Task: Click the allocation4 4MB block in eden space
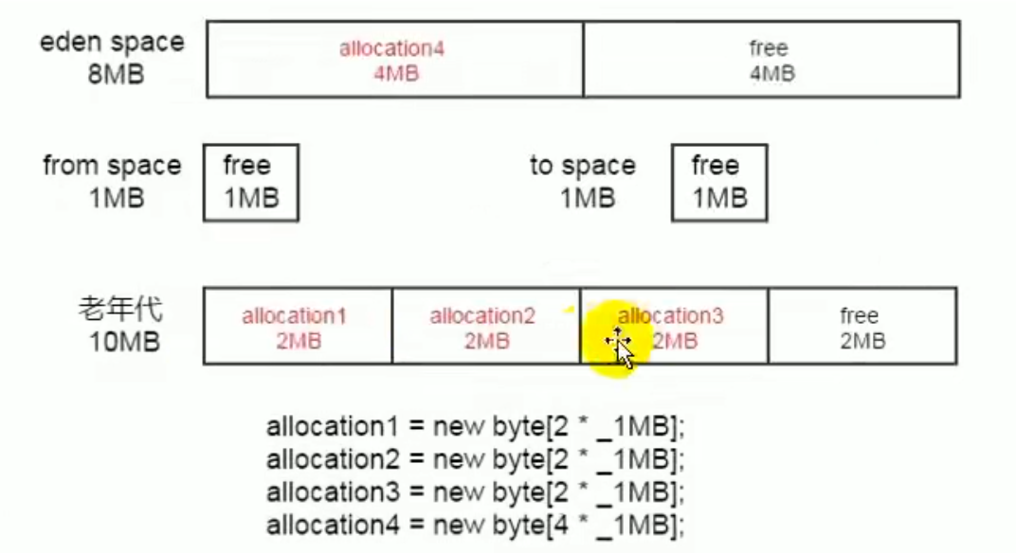tap(394, 60)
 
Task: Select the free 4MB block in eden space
tap(771, 60)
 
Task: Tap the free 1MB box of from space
tap(251, 183)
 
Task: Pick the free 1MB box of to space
tap(719, 183)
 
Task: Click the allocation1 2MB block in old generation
tap(298, 327)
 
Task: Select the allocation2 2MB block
tap(486, 327)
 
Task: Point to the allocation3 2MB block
tap(674, 327)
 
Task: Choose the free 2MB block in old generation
tap(862, 327)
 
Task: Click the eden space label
tap(112, 42)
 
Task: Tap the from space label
tap(112, 166)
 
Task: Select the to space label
tap(583, 166)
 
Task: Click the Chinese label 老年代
tap(120, 309)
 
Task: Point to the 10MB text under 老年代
tap(124, 342)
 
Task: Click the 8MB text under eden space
tap(116, 75)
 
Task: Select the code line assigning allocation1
tap(475, 427)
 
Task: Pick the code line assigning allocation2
tap(475, 460)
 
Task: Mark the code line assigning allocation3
tap(475, 492)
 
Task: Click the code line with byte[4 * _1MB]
tap(475, 526)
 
